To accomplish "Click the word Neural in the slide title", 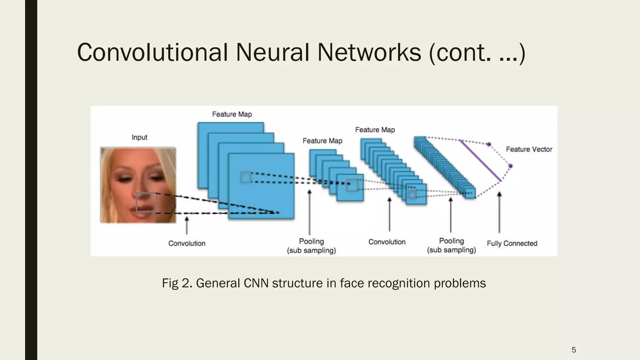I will coord(272,52).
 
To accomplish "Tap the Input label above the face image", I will coord(139,137).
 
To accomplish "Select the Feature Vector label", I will coord(529,149).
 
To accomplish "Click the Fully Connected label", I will coord(512,243).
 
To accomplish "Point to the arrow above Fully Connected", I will coord(499,212).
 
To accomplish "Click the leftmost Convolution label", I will coord(187,243).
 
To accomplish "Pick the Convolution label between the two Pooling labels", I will coord(387,242).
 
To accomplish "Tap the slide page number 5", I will coord(574,350).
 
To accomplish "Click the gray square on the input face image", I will coord(146,202).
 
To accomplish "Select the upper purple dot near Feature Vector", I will coord(489,144).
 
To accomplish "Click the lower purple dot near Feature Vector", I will coord(511,166).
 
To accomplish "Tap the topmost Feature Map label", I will coord(232,114).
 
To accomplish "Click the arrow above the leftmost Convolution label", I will coord(187,225).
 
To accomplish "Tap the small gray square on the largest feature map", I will coord(246,177).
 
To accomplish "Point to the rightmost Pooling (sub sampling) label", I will coord(452,245).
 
